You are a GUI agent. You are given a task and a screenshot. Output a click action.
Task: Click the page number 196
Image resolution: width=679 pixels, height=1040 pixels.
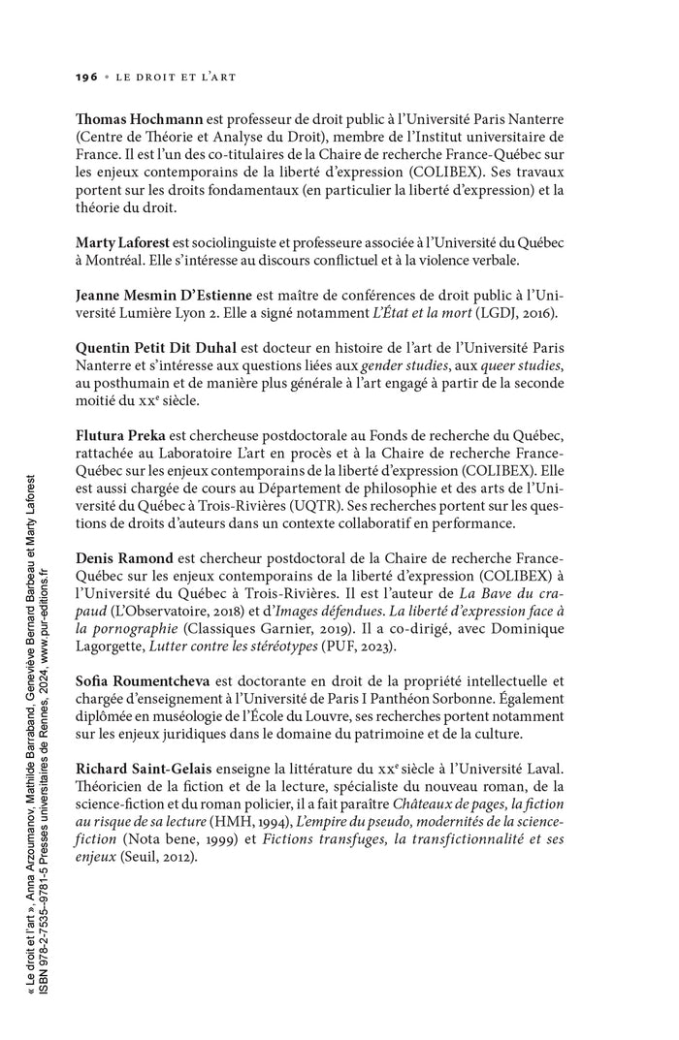pos(86,75)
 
